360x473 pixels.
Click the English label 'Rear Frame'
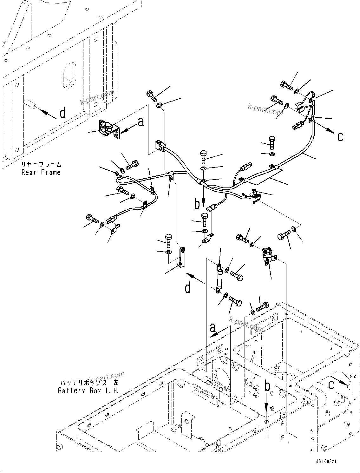pos(41,172)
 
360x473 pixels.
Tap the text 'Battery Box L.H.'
pos(88,391)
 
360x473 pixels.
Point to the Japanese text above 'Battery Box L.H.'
pos(88,383)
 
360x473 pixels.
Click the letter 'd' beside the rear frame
pos(63,113)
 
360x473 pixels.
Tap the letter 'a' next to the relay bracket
pos(141,122)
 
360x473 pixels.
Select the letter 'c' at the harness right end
pos(340,137)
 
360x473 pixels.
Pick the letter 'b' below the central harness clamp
pos(197,204)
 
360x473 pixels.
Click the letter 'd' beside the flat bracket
pos(188,288)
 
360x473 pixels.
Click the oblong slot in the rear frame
pos(70,71)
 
